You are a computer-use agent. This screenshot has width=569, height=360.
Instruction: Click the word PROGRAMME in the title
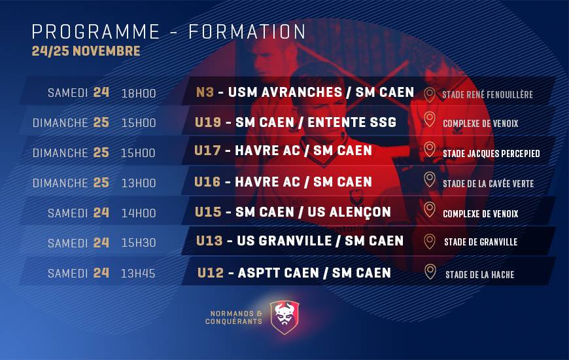coord(95,31)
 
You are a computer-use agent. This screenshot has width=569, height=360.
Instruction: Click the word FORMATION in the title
coord(247,31)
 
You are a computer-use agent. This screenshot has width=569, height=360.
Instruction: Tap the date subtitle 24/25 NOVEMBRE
coord(86,51)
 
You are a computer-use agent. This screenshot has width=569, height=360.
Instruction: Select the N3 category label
coord(205,92)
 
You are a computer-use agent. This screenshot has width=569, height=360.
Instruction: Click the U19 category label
coord(208,122)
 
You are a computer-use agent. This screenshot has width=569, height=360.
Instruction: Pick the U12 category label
coord(211,272)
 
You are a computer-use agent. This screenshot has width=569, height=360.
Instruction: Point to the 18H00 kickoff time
coord(139,94)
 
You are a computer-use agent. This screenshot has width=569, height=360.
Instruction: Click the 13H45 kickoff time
coord(138,273)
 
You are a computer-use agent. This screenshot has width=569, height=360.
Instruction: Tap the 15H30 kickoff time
coord(139,243)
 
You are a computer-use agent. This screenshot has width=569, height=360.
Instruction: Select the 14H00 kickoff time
coord(139,213)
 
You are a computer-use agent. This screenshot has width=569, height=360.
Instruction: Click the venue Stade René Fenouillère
coord(487,94)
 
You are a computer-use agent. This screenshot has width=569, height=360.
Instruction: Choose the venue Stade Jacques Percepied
coord(491,153)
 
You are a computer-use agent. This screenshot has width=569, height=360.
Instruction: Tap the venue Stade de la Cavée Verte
coord(488,183)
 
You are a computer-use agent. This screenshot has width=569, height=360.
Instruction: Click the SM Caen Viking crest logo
coord(285,317)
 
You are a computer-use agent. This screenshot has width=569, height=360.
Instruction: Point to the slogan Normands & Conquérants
coord(233,317)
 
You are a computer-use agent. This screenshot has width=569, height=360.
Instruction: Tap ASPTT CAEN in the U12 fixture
coord(279,273)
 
